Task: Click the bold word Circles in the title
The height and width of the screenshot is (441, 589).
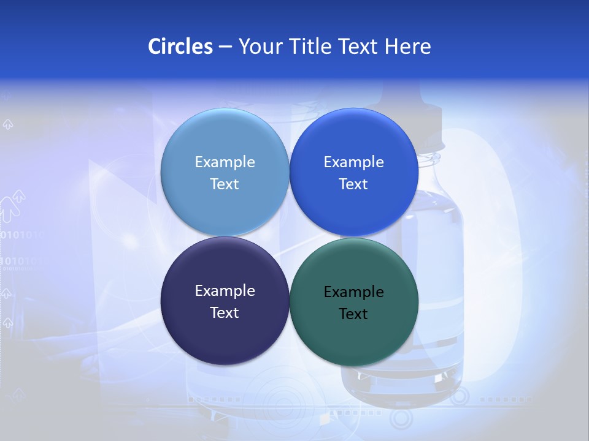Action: [180, 47]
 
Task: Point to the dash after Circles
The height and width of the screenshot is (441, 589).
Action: [225, 47]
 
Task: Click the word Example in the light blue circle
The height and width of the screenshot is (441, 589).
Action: [225, 162]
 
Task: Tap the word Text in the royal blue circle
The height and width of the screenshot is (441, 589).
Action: [353, 184]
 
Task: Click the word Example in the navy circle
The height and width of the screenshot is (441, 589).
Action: [225, 291]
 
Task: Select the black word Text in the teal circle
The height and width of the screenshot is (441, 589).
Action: [353, 314]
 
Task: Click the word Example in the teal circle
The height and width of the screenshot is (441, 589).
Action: [353, 292]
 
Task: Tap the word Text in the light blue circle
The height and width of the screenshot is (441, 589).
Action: [225, 184]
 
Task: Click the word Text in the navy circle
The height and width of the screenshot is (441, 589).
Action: [225, 313]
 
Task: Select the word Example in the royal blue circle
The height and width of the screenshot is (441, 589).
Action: [353, 162]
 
